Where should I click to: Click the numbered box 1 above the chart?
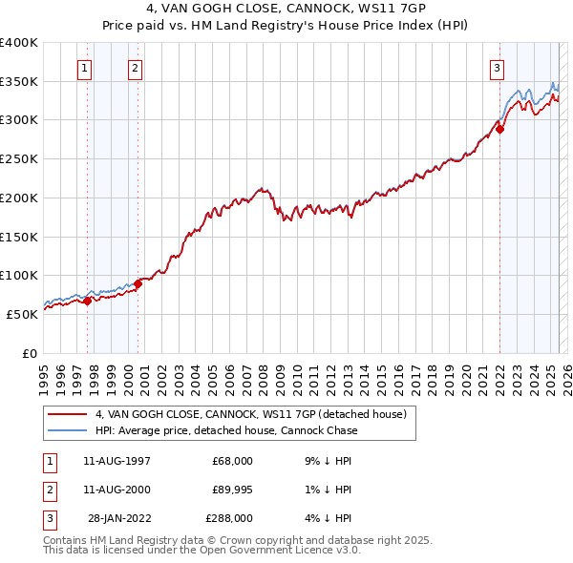pos(86,68)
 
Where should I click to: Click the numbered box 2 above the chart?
pos(136,68)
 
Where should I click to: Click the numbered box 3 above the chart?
pos(498,68)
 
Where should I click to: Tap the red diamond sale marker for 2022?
pos(499,130)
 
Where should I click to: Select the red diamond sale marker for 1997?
pos(87,301)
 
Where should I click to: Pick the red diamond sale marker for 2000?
pos(138,283)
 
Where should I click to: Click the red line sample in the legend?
pos(68,414)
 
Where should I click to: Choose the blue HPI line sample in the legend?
pos(68,430)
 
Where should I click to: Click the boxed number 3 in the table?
pos(48,518)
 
